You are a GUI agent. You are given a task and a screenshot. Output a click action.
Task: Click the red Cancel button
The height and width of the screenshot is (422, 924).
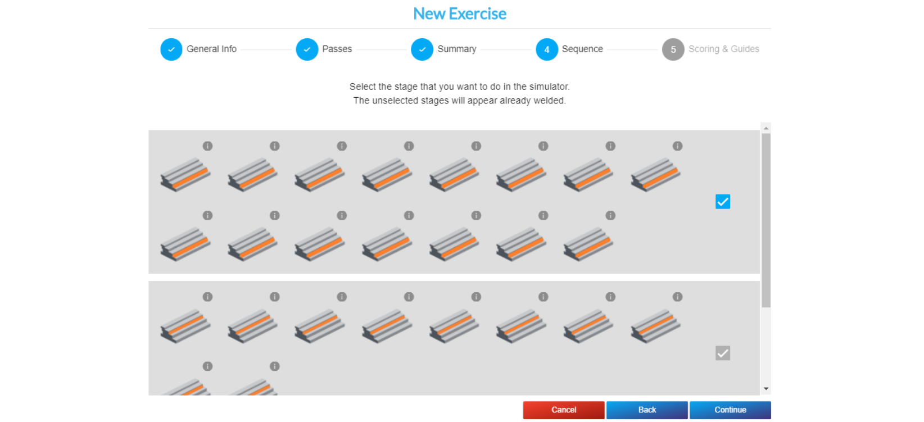[564, 410]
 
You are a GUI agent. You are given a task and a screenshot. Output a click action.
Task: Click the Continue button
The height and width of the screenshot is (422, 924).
[730, 410]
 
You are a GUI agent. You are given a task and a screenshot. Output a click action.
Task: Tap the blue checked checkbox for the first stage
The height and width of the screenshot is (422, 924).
[723, 202]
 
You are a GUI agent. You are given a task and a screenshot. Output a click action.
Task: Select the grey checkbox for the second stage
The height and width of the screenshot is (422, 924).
[723, 353]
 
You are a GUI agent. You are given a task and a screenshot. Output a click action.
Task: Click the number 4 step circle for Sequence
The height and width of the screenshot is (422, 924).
[546, 49]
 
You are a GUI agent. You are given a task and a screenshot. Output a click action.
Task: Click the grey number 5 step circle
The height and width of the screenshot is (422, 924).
[673, 49]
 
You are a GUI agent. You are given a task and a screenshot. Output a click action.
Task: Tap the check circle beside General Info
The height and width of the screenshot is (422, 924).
[171, 49]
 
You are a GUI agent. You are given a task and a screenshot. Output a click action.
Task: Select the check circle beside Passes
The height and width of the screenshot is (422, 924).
[307, 49]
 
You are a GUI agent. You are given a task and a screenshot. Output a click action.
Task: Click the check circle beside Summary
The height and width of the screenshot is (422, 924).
[422, 49]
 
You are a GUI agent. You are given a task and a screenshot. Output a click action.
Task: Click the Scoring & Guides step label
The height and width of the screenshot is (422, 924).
[723, 49]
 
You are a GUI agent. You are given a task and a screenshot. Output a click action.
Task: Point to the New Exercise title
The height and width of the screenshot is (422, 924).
[460, 13]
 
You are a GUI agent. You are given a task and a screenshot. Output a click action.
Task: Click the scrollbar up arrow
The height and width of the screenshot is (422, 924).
[766, 128]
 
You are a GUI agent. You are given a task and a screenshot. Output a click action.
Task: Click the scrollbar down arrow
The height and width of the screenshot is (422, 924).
[766, 389]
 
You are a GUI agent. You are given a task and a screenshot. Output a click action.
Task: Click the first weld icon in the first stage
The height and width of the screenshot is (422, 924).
[185, 175]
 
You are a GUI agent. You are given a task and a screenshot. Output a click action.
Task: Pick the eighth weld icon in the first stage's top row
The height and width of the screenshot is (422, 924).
[655, 175]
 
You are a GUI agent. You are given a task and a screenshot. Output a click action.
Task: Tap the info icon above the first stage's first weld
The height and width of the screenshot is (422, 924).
[207, 146]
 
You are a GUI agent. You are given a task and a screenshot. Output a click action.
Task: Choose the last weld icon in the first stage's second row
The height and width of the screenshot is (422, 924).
[588, 244]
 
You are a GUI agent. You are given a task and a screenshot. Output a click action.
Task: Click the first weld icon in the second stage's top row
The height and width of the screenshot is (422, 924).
[185, 326]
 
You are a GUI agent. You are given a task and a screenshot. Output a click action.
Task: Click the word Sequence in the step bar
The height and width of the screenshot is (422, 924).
[582, 49]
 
